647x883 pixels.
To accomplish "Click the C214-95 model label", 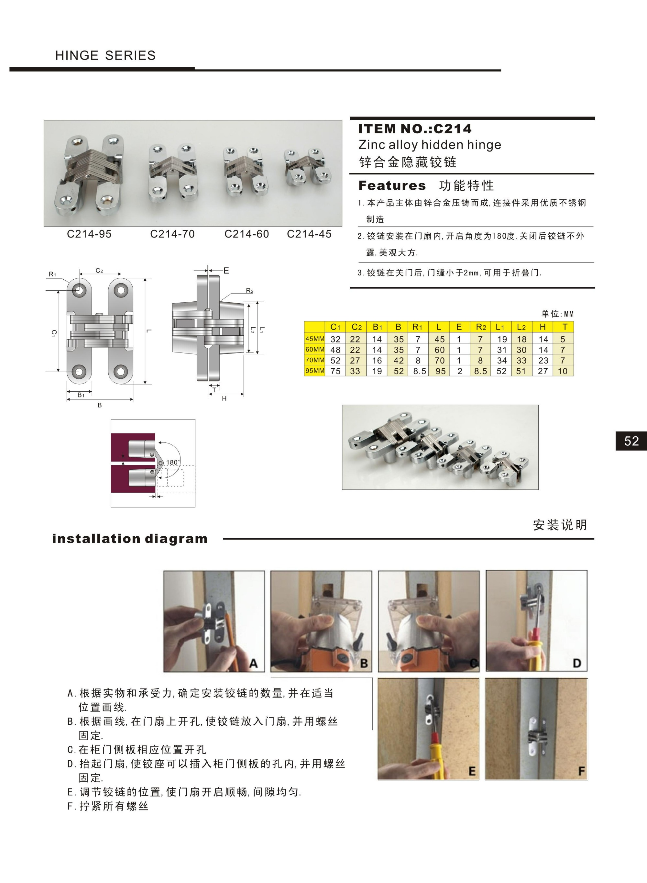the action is tap(89, 234).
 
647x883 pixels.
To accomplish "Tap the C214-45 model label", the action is tap(309, 234).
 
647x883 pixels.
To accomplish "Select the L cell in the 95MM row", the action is tap(440, 371).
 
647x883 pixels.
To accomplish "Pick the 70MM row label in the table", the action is tap(315, 360).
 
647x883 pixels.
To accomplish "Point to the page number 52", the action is tap(631, 441).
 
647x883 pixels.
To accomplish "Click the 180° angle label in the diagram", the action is tap(173, 462).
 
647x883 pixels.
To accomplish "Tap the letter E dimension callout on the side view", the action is tap(226, 271).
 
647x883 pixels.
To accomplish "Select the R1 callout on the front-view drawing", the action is tap(52, 274).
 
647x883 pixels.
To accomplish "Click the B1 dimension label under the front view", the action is tap(81, 395).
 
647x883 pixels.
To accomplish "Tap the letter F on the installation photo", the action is tap(581, 771).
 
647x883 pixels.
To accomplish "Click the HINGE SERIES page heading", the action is tap(105, 55).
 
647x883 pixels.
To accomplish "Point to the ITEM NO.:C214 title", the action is tap(415, 129).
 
